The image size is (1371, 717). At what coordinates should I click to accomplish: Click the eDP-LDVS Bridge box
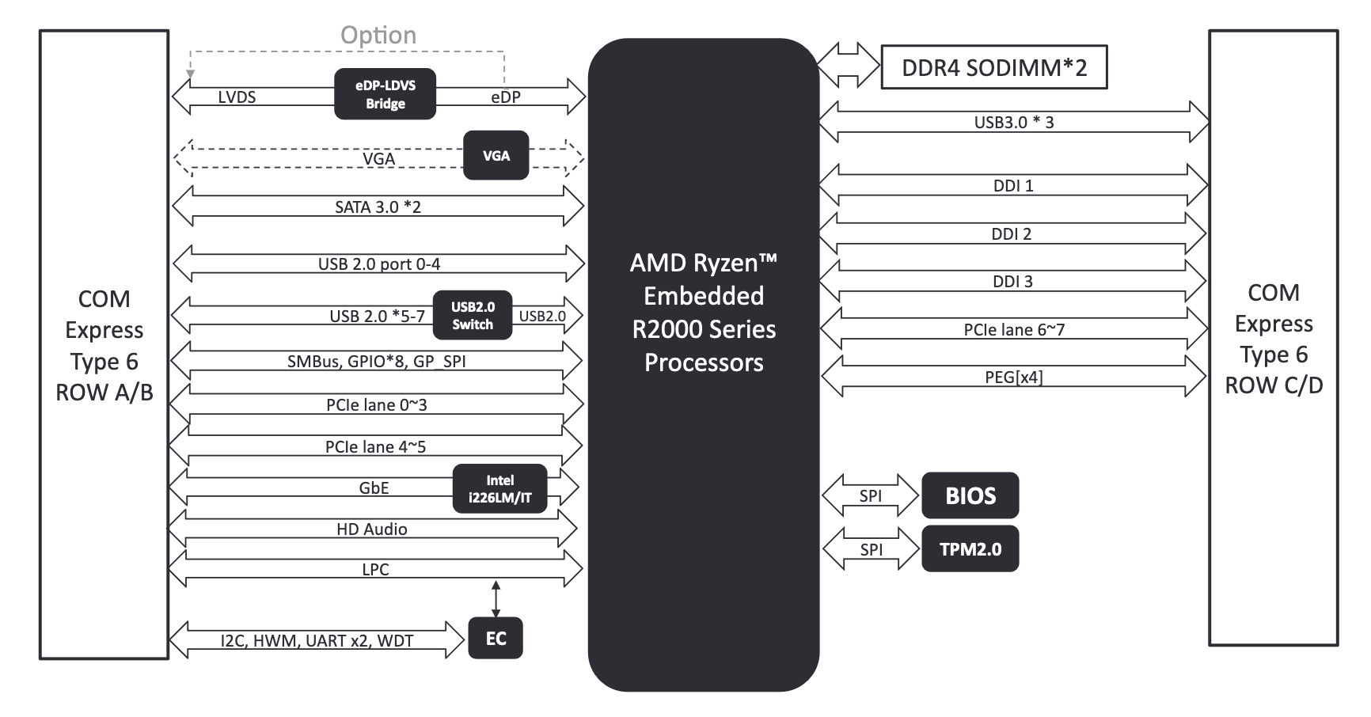coord(385,94)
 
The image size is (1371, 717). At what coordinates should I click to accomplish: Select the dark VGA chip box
coord(496,156)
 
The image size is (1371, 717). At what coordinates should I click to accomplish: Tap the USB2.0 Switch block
coord(473,316)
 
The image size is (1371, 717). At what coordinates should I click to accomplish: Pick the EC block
coord(496,639)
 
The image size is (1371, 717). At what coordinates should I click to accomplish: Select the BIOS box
coord(970,496)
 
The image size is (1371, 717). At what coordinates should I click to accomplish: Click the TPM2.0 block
coord(970,549)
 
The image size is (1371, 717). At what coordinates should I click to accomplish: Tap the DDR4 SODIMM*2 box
coord(993,67)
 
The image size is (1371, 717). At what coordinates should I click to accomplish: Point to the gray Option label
coord(378,35)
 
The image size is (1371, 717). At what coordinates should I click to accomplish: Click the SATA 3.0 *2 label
coord(378,207)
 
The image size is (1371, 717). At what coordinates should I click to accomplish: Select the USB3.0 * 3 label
coord(1013,123)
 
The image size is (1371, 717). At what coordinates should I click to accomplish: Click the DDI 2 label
coord(1011,234)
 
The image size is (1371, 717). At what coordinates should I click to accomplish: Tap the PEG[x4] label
coord(1013,377)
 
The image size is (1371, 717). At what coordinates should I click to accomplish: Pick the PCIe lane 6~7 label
coord(1013,330)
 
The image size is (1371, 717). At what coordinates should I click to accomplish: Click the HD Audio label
coord(371,529)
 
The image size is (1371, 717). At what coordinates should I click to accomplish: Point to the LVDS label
coord(237,97)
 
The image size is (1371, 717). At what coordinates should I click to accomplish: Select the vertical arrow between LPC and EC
coord(496,598)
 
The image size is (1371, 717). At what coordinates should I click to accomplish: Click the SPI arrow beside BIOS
coord(871,496)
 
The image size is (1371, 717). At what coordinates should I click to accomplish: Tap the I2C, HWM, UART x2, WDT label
coord(317,641)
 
